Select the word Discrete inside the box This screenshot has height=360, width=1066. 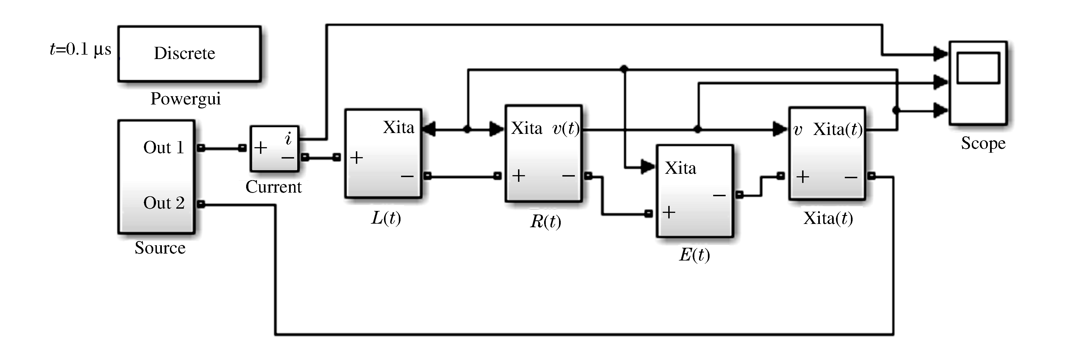click(x=185, y=53)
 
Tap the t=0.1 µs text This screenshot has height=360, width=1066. click(x=81, y=50)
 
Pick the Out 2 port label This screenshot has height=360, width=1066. click(x=164, y=203)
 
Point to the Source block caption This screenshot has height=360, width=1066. click(x=160, y=248)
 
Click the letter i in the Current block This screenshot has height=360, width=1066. click(x=289, y=139)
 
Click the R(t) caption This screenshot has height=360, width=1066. click(x=545, y=221)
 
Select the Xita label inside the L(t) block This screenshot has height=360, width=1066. click(x=398, y=127)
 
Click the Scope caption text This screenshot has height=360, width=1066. click(x=983, y=143)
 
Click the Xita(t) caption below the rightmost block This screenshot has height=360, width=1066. click(x=828, y=218)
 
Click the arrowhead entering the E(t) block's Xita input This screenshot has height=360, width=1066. click(x=648, y=167)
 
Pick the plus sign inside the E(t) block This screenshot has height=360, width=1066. click(x=669, y=212)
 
